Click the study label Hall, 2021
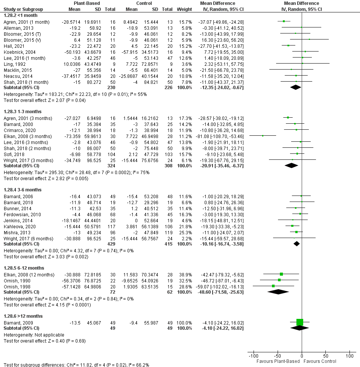11,45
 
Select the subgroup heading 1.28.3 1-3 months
23,112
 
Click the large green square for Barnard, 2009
299,322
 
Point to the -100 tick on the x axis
253,355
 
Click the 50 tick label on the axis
326,355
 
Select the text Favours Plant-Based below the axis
278,361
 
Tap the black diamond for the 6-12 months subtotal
278,291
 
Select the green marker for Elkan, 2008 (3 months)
263,136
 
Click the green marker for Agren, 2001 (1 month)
284,21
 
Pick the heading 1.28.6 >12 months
23,316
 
